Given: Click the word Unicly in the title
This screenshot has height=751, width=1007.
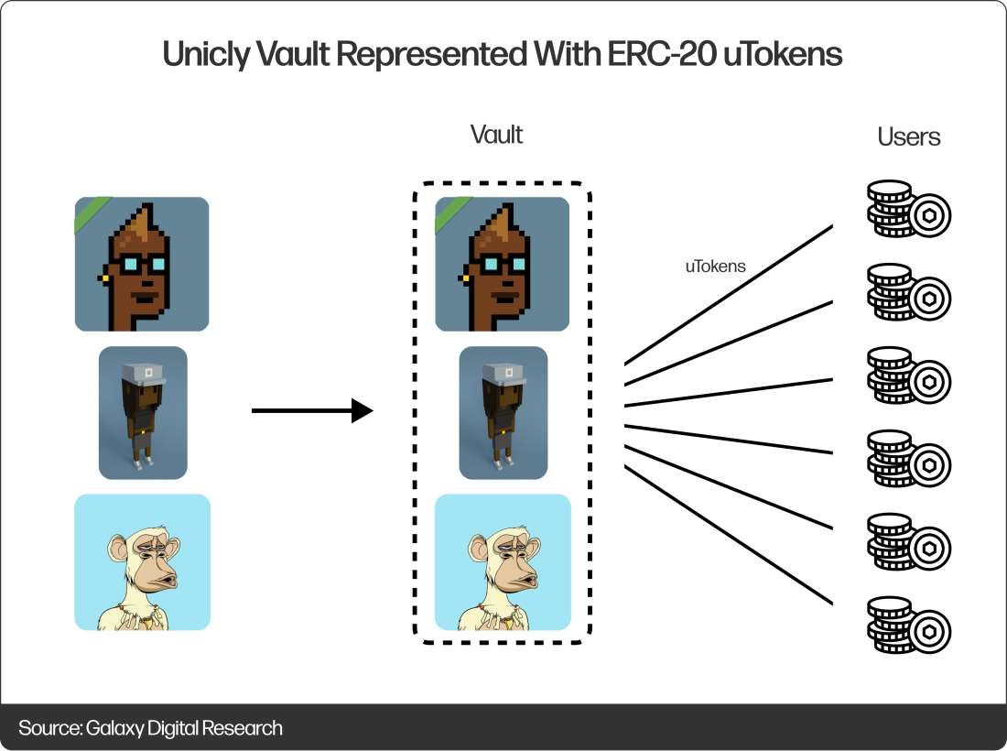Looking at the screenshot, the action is point(205,55).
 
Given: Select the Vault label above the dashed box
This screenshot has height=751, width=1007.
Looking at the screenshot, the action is point(496,135).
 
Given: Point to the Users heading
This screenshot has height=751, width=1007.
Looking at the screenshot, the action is point(909,136).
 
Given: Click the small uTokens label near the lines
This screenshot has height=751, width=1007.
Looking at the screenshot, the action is point(716,266).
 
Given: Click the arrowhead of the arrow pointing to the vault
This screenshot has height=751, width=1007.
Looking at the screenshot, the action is point(363,410).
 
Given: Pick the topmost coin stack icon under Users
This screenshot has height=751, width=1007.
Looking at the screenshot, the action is point(909,209).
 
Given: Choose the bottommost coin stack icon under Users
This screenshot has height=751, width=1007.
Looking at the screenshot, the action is point(909,626).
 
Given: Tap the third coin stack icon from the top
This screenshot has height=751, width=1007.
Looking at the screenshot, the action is point(909,375).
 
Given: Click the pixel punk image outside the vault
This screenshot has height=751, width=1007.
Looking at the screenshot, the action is point(142,264).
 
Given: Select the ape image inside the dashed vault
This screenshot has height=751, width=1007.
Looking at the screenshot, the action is point(503,562).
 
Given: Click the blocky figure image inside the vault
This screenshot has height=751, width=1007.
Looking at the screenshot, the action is point(503,413).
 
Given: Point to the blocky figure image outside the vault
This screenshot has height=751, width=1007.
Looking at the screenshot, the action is point(143,413).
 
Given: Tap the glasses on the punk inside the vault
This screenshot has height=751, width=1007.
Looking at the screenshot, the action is point(503,264).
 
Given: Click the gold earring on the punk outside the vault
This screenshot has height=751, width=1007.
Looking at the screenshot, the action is point(103,278).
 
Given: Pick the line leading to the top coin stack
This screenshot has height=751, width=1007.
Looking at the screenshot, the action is point(729,295).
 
